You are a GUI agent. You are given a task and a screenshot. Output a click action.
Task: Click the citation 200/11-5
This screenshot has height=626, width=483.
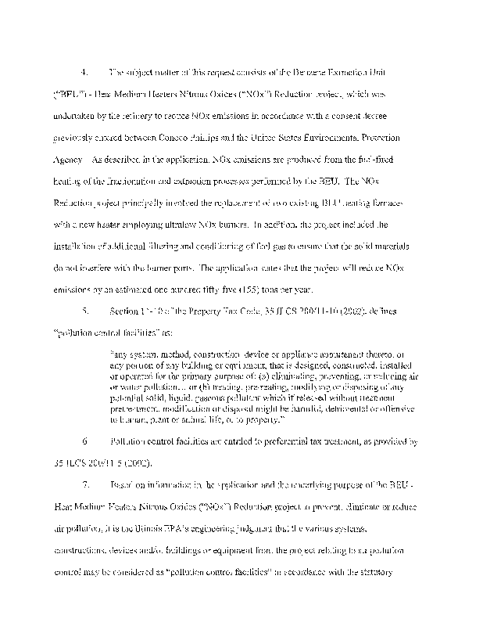(x=110, y=463)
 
